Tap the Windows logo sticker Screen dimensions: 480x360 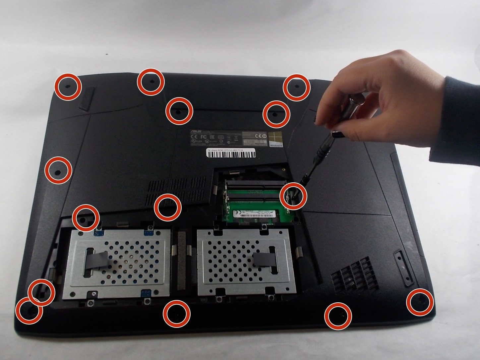coord(276,139)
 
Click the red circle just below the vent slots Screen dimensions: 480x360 coord(168,207)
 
